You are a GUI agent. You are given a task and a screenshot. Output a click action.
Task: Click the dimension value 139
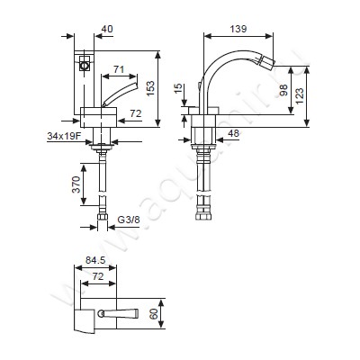(238, 29)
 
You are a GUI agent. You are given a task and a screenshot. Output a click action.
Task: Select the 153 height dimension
(150, 88)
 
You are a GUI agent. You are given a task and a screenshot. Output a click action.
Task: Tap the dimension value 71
(119, 69)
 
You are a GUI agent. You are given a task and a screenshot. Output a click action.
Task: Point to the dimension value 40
(107, 29)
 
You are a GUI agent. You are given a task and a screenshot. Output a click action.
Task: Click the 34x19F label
(64, 137)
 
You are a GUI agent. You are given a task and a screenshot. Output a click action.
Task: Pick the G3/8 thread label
(129, 220)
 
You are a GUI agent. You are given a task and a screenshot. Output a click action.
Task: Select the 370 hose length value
(76, 184)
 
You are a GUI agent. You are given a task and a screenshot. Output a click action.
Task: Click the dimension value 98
(283, 90)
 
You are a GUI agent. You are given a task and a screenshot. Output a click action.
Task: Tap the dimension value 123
(299, 95)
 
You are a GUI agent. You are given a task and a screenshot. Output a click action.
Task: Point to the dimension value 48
(233, 133)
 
